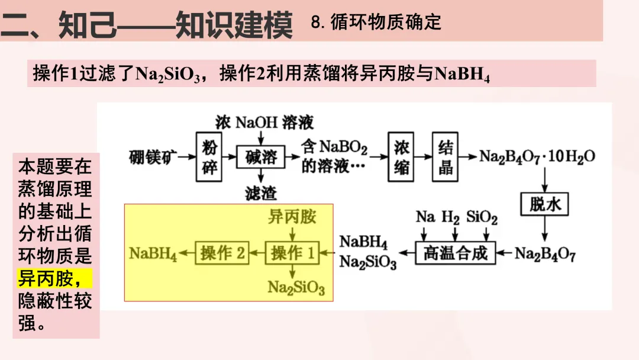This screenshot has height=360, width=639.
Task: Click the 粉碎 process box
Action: click(x=209, y=157)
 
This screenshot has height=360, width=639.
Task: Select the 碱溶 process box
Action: click(x=260, y=157)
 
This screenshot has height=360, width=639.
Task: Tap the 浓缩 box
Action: click(x=401, y=157)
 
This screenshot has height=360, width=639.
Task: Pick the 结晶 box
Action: click(x=446, y=157)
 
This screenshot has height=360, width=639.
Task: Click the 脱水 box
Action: click(x=544, y=204)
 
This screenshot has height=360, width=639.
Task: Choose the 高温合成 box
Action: click(x=456, y=253)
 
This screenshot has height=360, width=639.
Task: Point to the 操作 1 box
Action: click(x=292, y=253)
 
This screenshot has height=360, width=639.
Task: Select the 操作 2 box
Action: click(x=222, y=253)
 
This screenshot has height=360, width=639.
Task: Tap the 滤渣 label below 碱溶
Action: click(x=260, y=193)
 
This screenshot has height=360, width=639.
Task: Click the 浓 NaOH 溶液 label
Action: click(x=264, y=123)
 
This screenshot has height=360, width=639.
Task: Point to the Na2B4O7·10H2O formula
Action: click(x=537, y=157)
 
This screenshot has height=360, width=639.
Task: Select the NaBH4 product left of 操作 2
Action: click(x=153, y=254)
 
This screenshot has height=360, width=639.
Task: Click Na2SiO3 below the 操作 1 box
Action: click(x=296, y=288)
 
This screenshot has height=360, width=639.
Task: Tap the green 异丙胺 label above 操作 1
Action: click(x=292, y=217)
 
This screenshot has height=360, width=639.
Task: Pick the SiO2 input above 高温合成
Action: click(x=482, y=217)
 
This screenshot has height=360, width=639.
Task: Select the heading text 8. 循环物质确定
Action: click(x=376, y=22)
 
